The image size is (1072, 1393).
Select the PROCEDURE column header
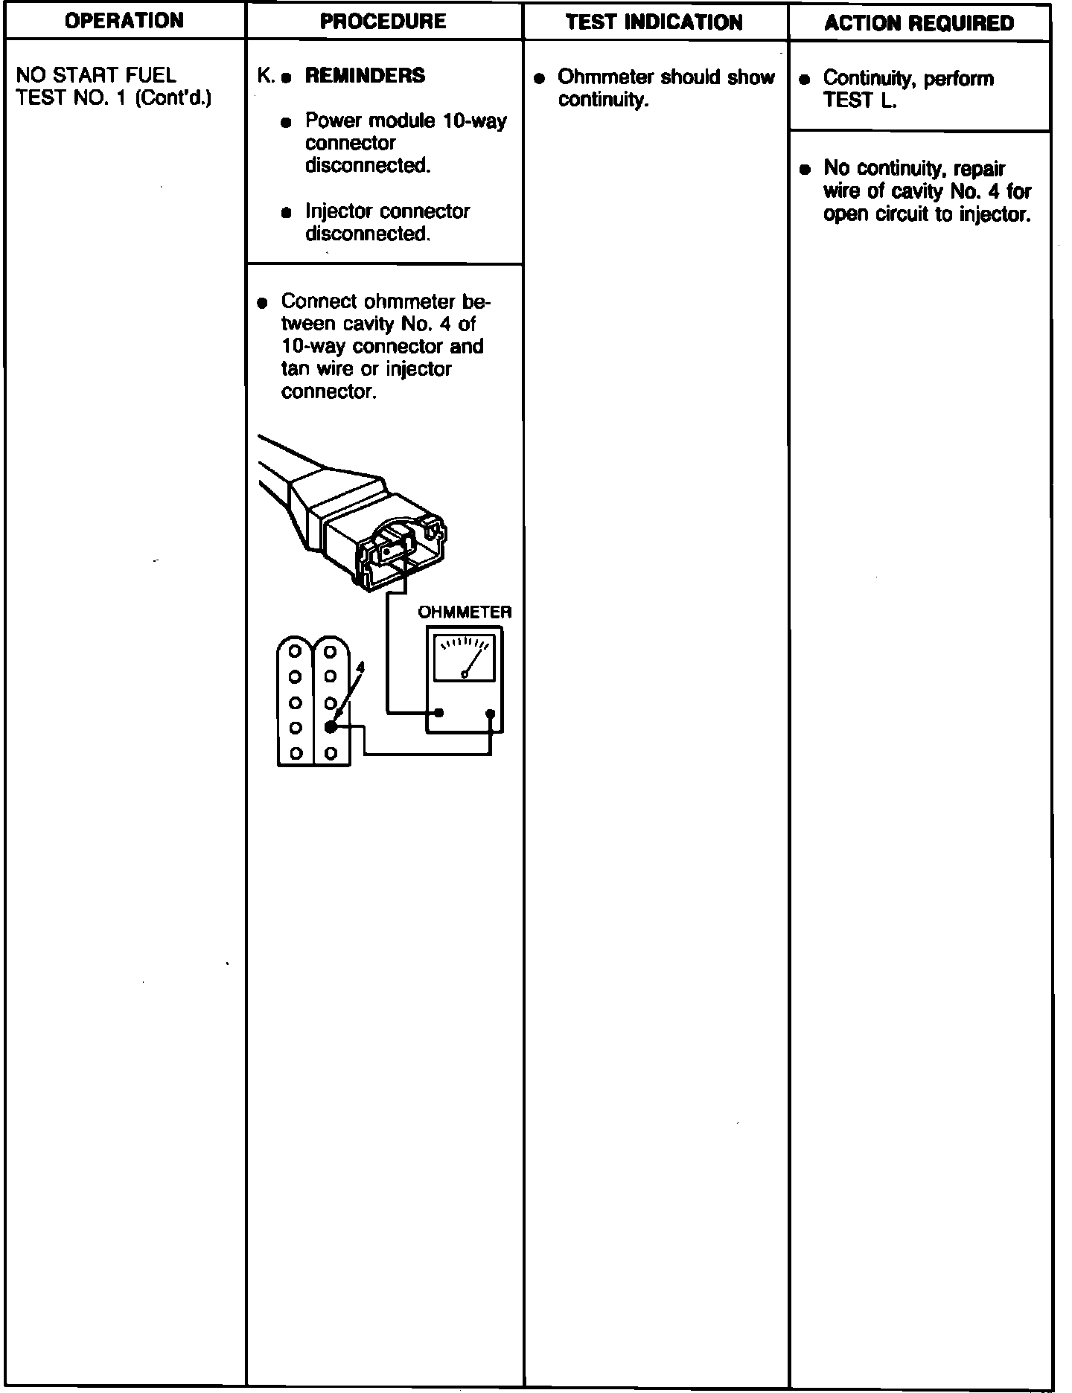(383, 21)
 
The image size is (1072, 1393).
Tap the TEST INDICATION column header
(654, 22)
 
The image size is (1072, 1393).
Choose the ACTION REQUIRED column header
(919, 23)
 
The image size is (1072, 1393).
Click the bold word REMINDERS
(365, 75)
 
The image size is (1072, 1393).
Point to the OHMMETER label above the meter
(465, 612)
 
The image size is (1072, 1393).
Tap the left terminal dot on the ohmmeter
(439, 713)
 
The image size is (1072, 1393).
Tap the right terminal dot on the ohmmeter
(490, 714)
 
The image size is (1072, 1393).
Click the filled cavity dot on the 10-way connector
(331, 727)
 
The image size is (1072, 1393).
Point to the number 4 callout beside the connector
(360, 667)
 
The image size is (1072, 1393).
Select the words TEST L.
(860, 100)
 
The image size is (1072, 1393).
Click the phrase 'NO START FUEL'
(96, 75)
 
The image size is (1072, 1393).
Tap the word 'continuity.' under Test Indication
(604, 100)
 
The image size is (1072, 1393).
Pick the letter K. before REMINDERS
(265, 75)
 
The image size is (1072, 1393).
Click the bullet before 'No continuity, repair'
(804, 169)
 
